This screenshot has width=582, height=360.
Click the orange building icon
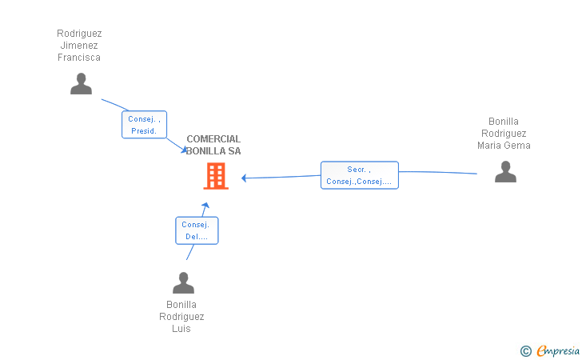216,176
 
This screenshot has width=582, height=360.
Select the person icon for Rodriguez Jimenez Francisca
81,84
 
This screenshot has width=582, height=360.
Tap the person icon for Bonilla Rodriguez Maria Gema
505,172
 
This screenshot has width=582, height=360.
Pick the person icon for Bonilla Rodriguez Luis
183,283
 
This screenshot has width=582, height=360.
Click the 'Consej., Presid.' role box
145,125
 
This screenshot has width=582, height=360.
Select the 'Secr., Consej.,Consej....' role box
359,175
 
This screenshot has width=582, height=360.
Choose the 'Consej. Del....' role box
196,230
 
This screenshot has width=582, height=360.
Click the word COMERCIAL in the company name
213,139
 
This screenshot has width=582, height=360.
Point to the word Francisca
79,58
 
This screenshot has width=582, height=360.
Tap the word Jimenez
79,46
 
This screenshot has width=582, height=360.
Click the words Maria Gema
504,146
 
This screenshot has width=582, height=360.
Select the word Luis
181,329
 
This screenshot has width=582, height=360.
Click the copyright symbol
525,350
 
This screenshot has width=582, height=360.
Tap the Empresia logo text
558,350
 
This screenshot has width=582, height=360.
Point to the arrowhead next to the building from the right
245,178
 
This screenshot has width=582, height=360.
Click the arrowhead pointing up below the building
205,206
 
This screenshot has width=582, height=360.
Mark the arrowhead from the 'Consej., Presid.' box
184,150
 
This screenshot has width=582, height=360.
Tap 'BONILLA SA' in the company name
213,151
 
